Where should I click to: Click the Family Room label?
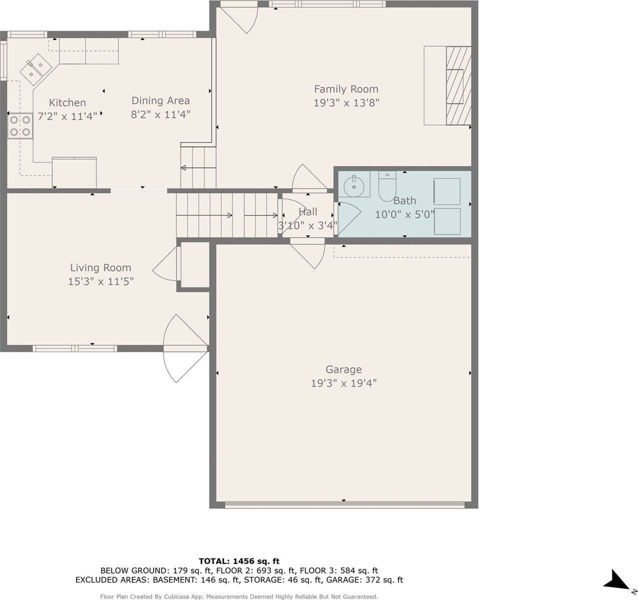point(346,89)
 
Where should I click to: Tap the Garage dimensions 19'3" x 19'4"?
point(343,383)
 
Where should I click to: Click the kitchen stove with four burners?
point(20,125)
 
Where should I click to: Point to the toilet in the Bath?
point(387,185)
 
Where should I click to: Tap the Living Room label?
point(100,268)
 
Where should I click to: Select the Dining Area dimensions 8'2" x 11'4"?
point(160,114)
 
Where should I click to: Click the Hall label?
point(307,212)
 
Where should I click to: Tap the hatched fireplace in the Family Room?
point(458,85)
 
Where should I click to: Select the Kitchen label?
point(67,102)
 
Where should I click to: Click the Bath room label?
point(404,201)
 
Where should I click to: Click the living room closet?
point(194,265)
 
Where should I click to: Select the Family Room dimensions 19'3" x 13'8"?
point(346,103)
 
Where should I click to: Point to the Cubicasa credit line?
point(238,596)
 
